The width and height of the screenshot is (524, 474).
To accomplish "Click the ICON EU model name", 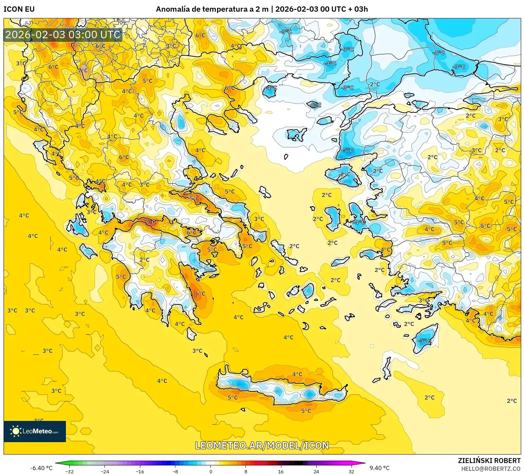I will (19, 9).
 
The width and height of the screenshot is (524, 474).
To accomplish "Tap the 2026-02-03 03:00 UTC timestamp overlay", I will (63, 34).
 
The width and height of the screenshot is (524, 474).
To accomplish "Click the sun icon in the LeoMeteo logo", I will (16, 431).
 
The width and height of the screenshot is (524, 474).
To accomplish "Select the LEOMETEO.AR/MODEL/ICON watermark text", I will (262, 445).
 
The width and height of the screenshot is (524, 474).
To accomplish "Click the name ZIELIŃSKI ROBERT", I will (489, 461).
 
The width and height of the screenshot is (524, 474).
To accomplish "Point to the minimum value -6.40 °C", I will (41, 468).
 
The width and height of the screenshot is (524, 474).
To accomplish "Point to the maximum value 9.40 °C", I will (379, 468).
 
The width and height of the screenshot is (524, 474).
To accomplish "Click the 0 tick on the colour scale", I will (211, 471).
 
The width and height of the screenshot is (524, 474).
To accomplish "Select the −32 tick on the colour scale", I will (70, 471).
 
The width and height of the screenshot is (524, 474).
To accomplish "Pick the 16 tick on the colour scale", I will (281, 471).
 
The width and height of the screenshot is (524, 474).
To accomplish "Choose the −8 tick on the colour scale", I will (175, 471).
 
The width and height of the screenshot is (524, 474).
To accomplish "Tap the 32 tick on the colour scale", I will (351, 471).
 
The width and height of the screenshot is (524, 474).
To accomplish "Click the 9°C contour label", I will (150, 222).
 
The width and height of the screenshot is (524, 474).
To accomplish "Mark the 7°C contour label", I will (83, 70).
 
